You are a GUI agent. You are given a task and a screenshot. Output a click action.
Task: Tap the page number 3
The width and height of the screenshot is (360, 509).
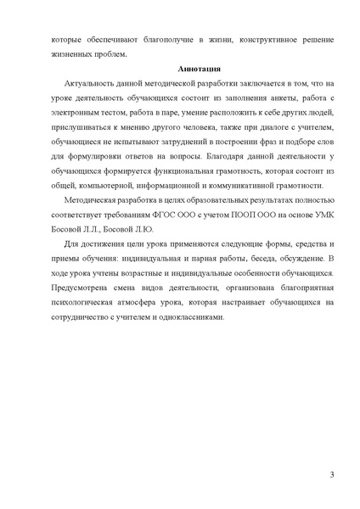pos(332,473)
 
